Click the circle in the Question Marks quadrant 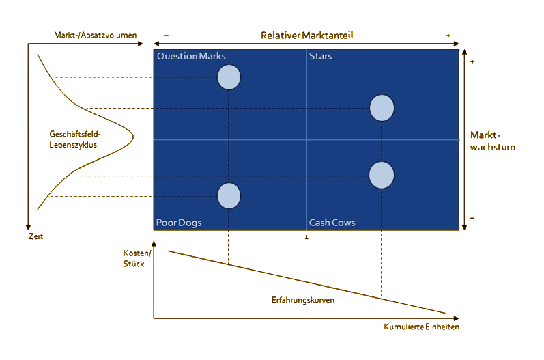pyautogui.click(x=229, y=77)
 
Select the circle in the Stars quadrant pyautogui.click(x=382, y=108)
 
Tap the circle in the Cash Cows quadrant pyautogui.click(x=382, y=175)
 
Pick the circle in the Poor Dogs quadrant pyautogui.click(x=229, y=196)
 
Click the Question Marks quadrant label pyautogui.click(x=191, y=56)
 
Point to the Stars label pyautogui.click(x=320, y=56)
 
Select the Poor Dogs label pyautogui.click(x=179, y=223)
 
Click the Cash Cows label pyautogui.click(x=332, y=223)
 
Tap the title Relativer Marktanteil pyautogui.click(x=306, y=36)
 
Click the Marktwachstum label pyautogui.click(x=492, y=141)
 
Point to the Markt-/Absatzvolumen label pyautogui.click(x=95, y=35)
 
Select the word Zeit pyautogui.click(x=35, y=236)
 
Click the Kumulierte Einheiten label pyautogui.click(x=422, y=327)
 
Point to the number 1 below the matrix pyautogui.click(x=306, y=237)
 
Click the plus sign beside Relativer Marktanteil pyautogui.click(x=448, y=36)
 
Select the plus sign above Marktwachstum pyautogui.click(x=472, y=61)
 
